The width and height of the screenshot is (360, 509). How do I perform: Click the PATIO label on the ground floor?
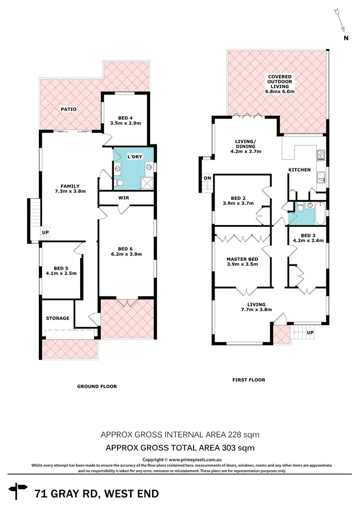[x=69, y=109]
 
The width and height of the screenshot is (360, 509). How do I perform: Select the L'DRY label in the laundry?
[x=134, y=157]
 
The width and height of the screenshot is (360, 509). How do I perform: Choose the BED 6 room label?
[x=125, y=249]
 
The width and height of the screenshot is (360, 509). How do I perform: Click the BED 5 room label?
[x=61, y=268]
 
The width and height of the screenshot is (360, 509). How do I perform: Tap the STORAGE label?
[x=58, y=318]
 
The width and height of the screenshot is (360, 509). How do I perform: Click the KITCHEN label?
[x=299, y=170]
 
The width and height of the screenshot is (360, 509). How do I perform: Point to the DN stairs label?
[x=207, y=178]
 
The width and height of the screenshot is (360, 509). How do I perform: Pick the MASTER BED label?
[x=242, y=260]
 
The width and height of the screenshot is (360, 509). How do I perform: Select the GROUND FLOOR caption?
[x=97, y=386]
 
